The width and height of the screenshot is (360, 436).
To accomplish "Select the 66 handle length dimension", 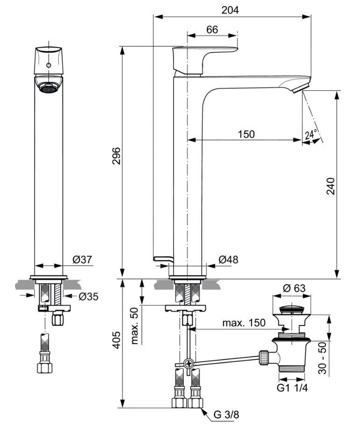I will [212, 29].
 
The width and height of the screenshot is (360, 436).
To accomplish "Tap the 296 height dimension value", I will [116, 156].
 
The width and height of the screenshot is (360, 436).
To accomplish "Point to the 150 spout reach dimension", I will [246, 134].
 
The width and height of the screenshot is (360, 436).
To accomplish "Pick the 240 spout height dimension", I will [331, 186].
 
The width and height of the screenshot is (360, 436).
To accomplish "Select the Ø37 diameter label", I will [82, 260].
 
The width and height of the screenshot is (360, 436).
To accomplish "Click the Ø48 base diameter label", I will [228, 260].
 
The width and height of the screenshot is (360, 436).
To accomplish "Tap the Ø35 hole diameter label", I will [88, 296].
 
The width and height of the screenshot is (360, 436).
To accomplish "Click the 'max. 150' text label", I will [243, 323].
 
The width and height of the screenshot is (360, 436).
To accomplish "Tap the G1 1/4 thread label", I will [294, 387].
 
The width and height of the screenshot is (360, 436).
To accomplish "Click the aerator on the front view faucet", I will [49, 87].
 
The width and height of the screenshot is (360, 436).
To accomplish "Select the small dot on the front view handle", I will [49, 65].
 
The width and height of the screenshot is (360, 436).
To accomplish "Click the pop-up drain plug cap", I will [292, 309].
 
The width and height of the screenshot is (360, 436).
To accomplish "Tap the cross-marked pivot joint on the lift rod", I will [189, 363].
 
